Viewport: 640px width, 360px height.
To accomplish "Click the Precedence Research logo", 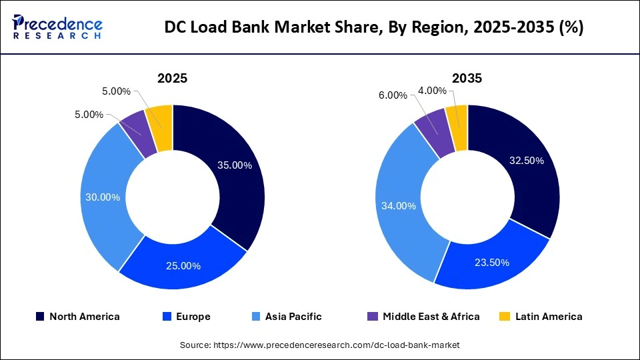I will [57, 27].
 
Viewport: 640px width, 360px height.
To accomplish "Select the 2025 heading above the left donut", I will [172, 78].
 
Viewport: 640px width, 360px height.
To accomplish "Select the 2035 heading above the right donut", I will [467, 78].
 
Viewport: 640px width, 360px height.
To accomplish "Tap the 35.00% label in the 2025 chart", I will [234, 165].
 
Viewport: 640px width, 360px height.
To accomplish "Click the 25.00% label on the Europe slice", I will [183, 265].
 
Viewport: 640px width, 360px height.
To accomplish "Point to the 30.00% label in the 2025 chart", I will [103, 197].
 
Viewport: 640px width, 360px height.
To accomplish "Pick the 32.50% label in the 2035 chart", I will [527, 161].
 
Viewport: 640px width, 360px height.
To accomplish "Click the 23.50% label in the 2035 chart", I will [491, 263].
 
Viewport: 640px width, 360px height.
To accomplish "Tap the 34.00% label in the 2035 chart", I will [398, 206].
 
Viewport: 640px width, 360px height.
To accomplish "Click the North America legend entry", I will [78, 317].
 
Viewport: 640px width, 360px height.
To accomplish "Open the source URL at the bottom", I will [320, 345].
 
